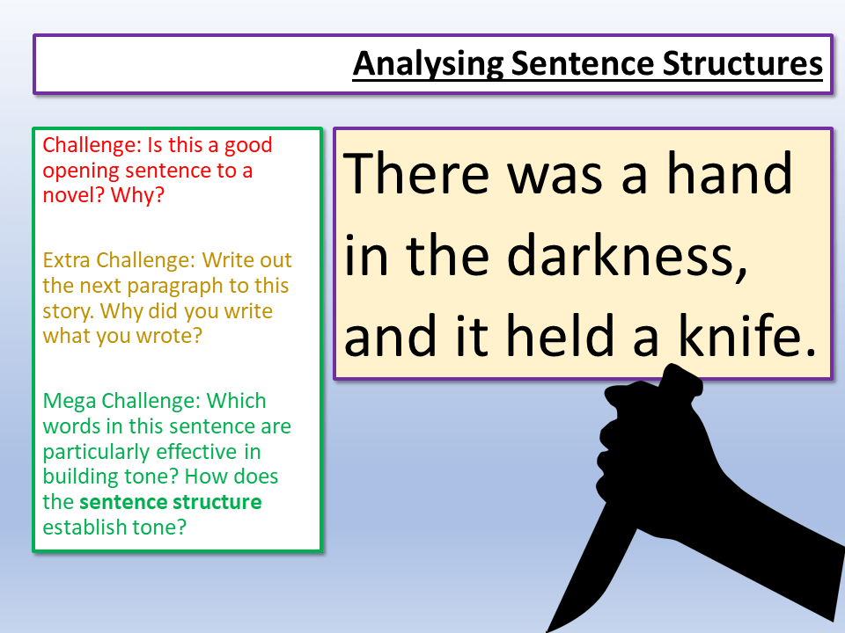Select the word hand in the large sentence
(x=729, y=173)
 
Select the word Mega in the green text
(x=66, y=401)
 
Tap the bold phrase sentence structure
(x=170, y=502)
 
